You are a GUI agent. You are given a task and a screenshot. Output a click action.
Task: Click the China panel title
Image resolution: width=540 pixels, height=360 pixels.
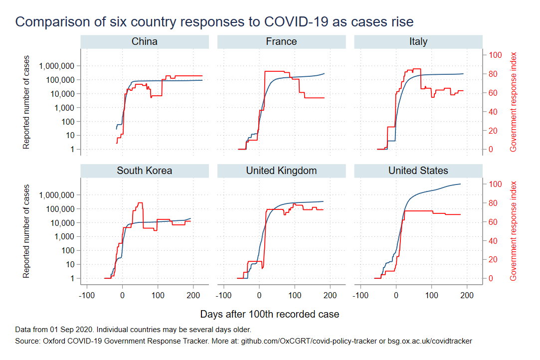[x=145, y=42]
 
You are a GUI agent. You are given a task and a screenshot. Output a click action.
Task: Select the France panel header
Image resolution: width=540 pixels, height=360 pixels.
[x=281, y=42]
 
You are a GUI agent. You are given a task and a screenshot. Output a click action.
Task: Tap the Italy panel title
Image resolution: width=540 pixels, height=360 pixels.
[x=418, y=42]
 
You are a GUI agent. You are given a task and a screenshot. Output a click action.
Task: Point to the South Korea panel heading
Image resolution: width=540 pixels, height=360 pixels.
[x=145, y=171]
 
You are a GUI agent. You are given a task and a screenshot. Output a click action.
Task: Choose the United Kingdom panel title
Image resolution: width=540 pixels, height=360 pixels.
[x=281, y=171]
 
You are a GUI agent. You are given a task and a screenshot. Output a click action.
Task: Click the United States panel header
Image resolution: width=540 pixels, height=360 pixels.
[x=418, y=171]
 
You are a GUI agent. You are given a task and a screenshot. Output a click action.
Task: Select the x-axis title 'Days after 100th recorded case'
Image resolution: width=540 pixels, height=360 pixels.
[x=269, y=315]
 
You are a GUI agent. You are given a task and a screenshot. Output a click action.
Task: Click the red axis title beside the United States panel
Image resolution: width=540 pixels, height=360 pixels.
[x=513, y=231]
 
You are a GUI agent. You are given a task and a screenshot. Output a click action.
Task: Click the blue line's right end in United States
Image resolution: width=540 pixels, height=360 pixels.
[x=460, y=184]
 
